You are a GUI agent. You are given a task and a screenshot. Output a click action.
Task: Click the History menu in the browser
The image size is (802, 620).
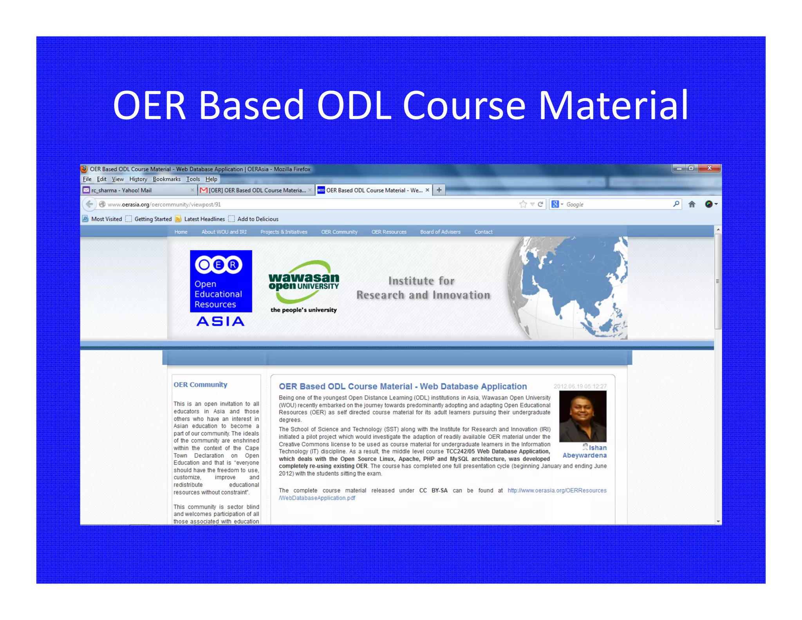coord(138,179)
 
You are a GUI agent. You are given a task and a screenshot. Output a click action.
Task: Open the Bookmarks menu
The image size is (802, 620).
coord(166,179)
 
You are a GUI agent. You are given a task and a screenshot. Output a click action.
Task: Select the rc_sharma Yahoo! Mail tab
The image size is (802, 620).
coord(121,190)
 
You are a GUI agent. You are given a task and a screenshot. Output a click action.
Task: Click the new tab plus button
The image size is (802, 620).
coord(439,190)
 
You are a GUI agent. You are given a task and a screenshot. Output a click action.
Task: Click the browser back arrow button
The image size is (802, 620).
coord(89,204)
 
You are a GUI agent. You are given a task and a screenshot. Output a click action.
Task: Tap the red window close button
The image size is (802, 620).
coord(709,168)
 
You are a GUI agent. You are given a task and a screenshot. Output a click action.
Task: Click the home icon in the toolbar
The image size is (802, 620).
coord(692,204)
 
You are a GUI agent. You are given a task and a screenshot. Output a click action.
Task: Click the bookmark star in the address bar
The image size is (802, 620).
coord(523,204)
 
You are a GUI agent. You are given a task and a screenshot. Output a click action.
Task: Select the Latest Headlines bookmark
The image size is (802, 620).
coord(204,219)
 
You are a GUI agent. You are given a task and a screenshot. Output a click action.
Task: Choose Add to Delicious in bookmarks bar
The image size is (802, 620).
coord(257,219)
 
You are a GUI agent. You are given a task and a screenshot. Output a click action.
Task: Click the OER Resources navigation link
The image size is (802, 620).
coord(389,232)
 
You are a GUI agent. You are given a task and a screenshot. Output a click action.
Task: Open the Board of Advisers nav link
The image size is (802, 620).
coord(440,232)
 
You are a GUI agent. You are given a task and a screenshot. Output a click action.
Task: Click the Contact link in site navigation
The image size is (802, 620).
coord(483,232)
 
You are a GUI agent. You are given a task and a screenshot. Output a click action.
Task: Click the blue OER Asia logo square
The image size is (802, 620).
coord(221,281)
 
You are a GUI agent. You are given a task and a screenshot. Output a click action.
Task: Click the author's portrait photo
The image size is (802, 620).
coord(582,416)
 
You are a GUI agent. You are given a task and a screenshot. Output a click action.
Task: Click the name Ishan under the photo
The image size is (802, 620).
coord(597,448)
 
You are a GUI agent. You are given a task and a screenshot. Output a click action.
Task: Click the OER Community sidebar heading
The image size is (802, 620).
coord(200,385)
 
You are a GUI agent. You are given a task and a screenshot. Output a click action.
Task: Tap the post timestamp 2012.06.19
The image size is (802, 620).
coord(580,386)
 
